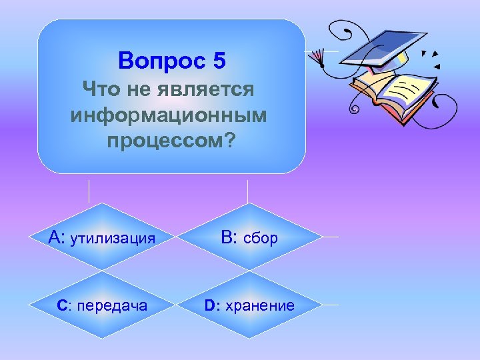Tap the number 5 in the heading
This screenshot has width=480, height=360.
[x=220, y=61]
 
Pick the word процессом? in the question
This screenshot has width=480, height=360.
[x=171, y=143]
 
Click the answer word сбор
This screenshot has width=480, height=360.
[x=261, y=238]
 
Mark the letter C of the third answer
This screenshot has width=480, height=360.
[x=62, y=306]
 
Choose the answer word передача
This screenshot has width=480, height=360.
[x=113, y=306]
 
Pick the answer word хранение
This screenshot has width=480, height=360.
[x=259, y=306]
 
